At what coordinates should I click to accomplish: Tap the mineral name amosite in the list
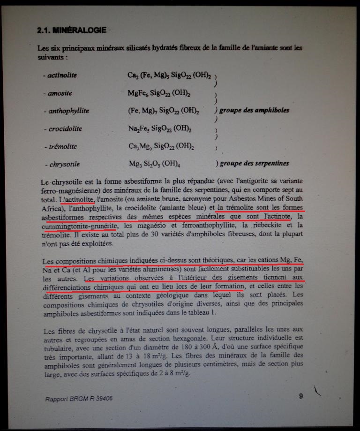point(59,93)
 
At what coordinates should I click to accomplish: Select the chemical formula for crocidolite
point(159,129)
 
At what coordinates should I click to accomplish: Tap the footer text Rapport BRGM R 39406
point(79,399)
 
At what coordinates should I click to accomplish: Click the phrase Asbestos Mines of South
point(264,198)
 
